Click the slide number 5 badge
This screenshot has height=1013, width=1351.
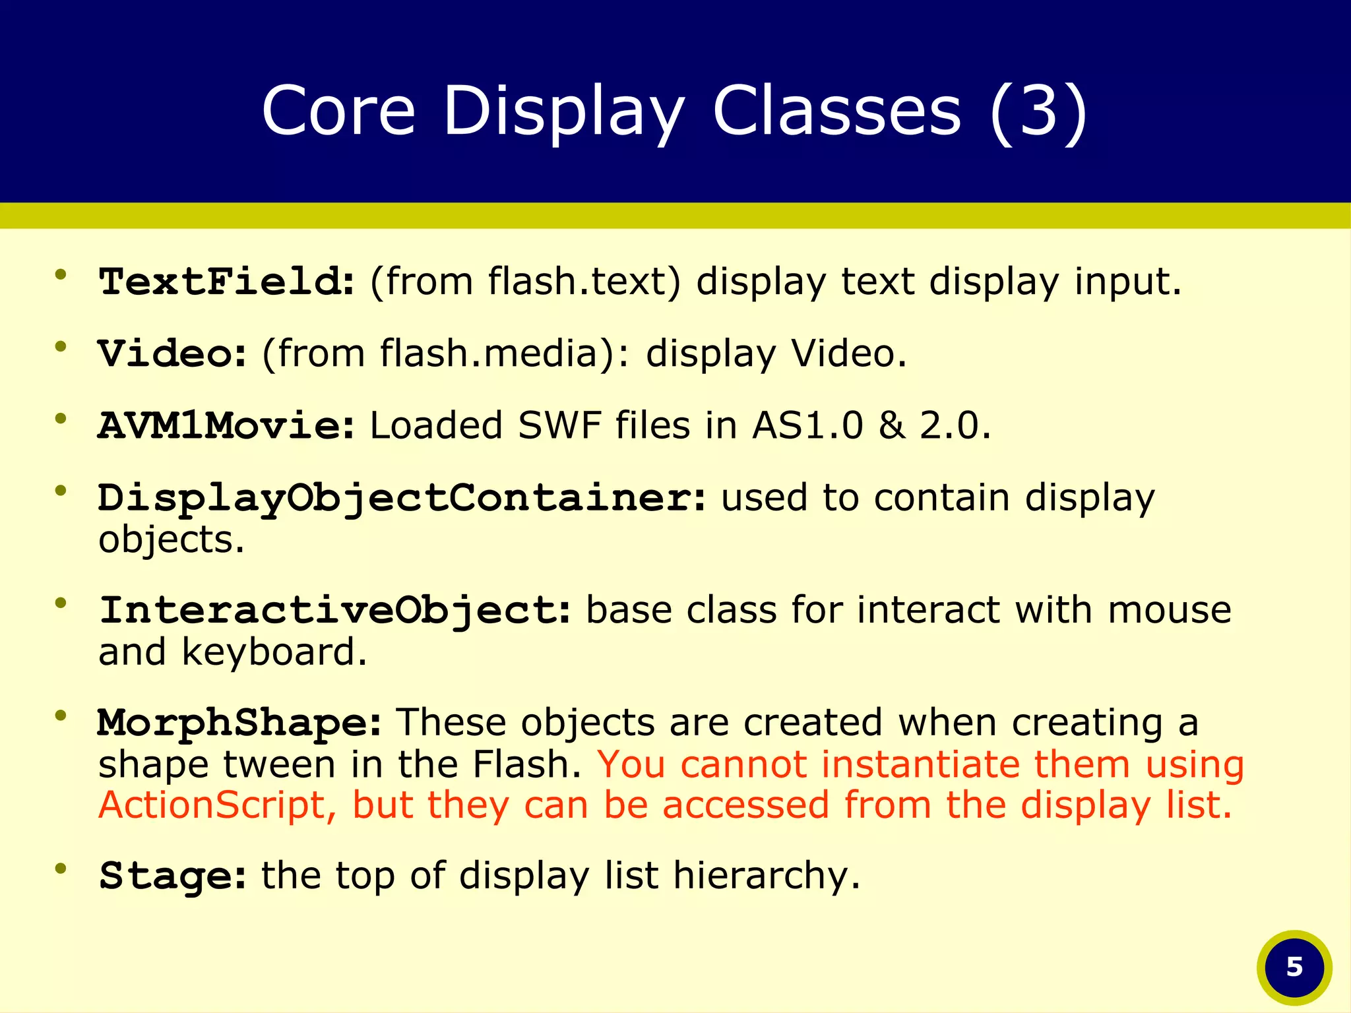click(x=1294, y=967)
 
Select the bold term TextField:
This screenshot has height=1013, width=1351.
click(x=226, y=282)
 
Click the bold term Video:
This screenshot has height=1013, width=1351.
click(x=172, y=353)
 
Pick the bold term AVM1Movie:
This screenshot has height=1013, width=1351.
click(x=226, y=425)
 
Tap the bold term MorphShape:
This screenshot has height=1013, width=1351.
click(x=239, y=723)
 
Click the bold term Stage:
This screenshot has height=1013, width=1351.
click(x=172, y=876)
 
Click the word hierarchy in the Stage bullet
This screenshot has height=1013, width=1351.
click(x=767, y=876)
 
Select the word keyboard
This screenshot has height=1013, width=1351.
click(x=273, y=652)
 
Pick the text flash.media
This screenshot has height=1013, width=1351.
click(x=489, y=353)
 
